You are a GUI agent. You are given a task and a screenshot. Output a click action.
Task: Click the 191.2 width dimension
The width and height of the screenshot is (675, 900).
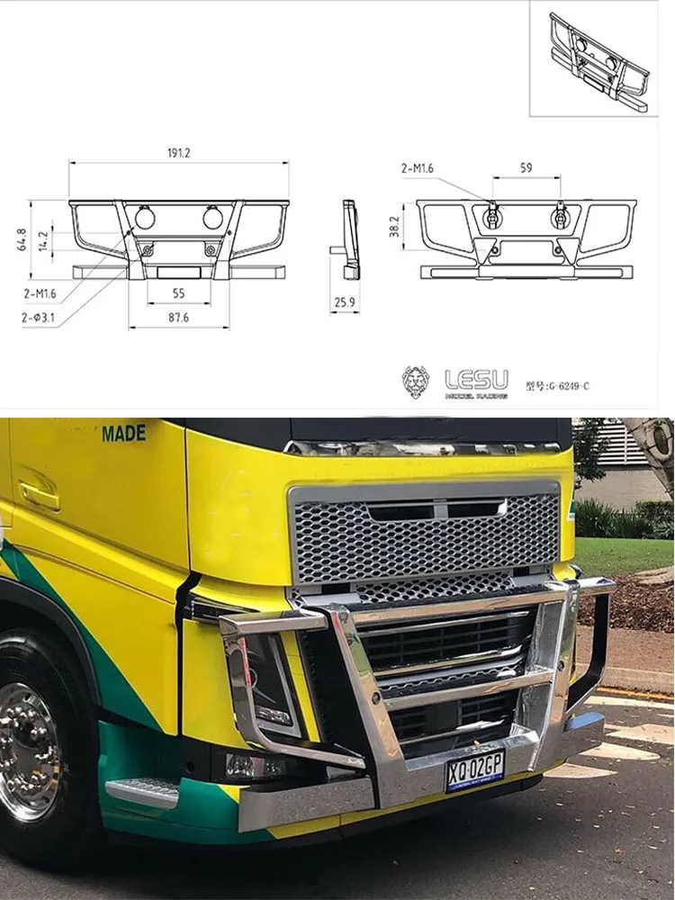pyautogui.click(x=178, y=153)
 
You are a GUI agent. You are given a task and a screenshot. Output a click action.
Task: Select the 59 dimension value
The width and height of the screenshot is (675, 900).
pyautogui.click(x=526, y=167)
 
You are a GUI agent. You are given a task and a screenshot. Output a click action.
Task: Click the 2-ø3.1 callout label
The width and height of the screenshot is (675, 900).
pyautogui.click(x=38, y=318)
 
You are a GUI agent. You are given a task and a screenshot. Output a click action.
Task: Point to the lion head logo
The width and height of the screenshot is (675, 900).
pyautogui.click(x=415, y=381)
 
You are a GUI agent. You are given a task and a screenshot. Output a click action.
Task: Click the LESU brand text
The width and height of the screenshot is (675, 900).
pyautogui.click(x=477, y=377)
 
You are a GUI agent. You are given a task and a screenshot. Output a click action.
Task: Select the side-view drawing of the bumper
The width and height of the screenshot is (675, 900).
pyautogui.click(x=348, y=236)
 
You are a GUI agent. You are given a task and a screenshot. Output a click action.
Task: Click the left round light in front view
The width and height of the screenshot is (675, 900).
pyautogui.click(x=145, y=217)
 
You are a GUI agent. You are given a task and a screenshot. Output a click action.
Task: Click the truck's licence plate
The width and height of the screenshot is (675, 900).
pyautogui.click(x=474, y=770)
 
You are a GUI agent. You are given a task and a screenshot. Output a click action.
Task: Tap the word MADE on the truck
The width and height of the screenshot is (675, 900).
pyautogui.click(x=123, y=433)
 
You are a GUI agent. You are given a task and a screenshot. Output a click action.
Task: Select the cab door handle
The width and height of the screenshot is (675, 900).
pyautogui.click(x=39, y=493)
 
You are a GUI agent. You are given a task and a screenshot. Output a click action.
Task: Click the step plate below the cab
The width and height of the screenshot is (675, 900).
pyautogui.click(x=144, y=792)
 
